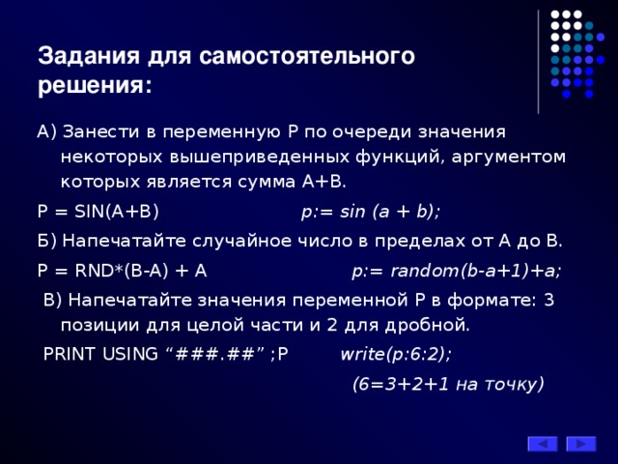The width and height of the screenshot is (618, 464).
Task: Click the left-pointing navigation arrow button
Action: coord(542,444)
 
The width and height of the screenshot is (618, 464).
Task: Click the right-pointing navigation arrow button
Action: coord(581,444)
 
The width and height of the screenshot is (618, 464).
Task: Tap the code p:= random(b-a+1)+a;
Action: coord(457,271)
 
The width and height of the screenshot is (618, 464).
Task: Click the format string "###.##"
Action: coord(217,353)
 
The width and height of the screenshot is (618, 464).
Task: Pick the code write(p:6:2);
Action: coord(396,353)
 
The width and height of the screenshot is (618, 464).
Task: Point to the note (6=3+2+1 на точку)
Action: coord(449,383)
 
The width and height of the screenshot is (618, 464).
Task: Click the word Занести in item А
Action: coord(98,130)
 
